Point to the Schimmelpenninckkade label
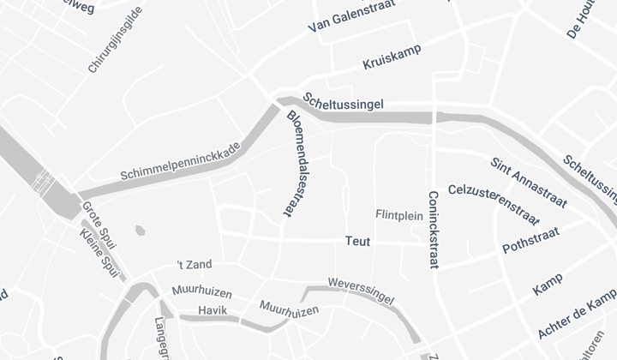[181, 161]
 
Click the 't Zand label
[194, 265]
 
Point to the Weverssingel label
[361, 291]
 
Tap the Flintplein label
[399, 215]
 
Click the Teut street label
[357, 243]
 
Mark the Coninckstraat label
[433, 229]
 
